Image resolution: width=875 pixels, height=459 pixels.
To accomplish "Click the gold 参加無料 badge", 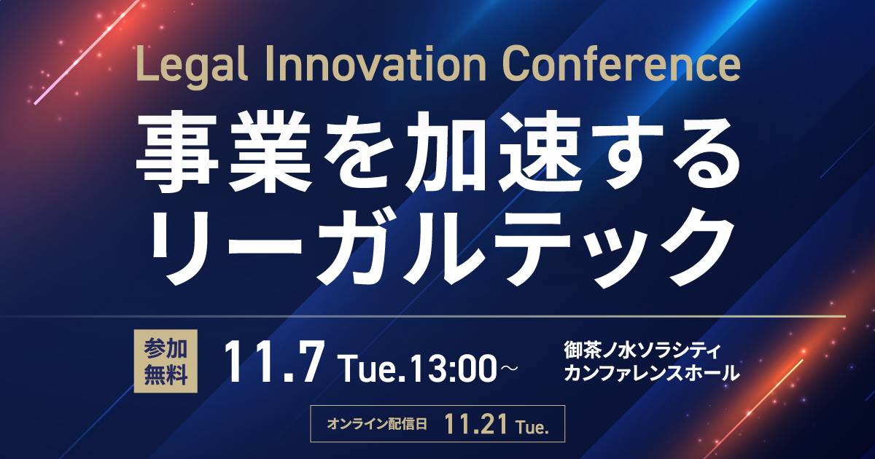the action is pos(166,361).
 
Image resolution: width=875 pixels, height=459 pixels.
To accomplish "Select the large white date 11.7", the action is pos(274,362).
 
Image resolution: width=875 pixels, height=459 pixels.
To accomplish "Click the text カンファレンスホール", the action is pos(652,372).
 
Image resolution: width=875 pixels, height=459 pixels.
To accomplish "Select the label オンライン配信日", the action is pos(376,424).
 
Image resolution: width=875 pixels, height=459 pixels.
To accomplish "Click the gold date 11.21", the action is pos(475,424).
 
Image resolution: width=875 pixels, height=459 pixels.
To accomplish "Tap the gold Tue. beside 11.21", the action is pos(533,427).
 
